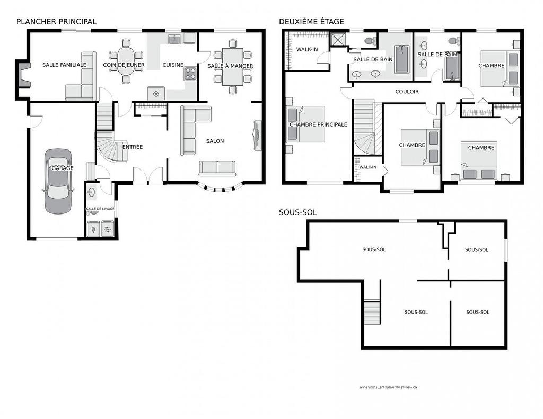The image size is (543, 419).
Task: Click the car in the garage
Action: coord(58,181)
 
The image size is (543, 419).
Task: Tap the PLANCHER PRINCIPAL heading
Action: coord(56,22)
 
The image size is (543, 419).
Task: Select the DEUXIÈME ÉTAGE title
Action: coord(311,22)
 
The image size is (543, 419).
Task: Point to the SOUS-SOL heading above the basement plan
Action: coord(297,212)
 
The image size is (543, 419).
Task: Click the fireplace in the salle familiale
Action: coord(22,74)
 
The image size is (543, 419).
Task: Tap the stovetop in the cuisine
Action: coord(190,74)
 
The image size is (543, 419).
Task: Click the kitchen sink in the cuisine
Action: coord(174,39)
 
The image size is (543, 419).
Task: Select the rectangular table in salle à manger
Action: coord(232,66)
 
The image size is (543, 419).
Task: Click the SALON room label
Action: coord(215,141)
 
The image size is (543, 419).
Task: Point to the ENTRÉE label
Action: coord(133,147)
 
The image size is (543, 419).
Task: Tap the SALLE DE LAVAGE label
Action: coord(100,209)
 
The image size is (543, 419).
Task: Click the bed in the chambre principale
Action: coord(306,124)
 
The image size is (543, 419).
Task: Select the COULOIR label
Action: coord(407,92)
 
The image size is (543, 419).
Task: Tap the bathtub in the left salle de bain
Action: coord(401,58)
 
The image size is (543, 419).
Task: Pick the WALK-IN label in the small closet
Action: coord(367,167)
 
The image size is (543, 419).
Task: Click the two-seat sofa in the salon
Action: coord(217,168)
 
